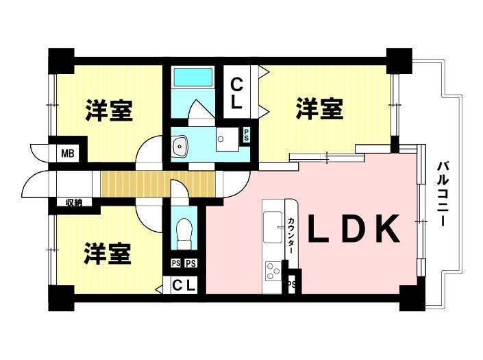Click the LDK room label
coord(354,229)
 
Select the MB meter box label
coord(68,153)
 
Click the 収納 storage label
coord(74,203)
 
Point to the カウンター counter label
coord(291,236)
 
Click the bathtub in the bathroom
coord(193,77)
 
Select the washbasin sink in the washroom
coord(180,145)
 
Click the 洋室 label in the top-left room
coord(110,110)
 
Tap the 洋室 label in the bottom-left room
coord(108,254)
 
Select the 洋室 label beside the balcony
coord(320,108)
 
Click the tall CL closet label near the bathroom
coord(236,93)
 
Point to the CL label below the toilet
coord(184,285)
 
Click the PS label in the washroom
coord(247,134)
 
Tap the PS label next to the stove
coord(292,284)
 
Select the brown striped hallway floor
coord(158,184)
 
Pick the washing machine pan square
coord(227,139)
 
